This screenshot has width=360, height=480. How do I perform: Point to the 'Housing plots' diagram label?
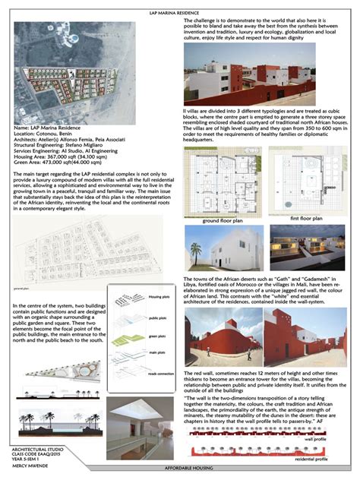(159, 297)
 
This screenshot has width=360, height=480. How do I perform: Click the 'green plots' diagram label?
(156, 335)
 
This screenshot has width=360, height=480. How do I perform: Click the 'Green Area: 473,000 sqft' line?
(64, 161)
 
